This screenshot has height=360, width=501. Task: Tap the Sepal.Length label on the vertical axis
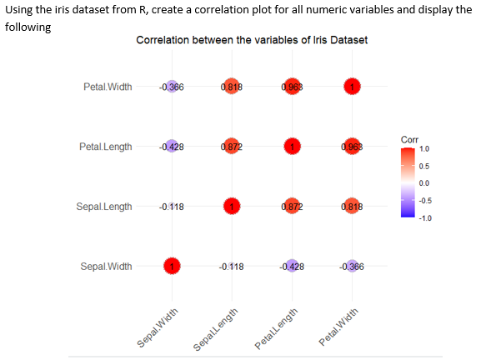pos(104,207)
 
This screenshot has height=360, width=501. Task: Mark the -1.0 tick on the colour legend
pos(424,217)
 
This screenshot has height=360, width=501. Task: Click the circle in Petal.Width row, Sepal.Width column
pos(171,87)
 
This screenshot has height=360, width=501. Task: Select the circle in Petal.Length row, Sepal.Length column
pos(231,147)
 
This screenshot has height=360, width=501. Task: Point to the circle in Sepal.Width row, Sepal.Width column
pos(171,267)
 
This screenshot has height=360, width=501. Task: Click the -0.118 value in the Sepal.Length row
pos(171,207)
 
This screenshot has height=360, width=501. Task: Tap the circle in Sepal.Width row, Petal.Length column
pos(291,267)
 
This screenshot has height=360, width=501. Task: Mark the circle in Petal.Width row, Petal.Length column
pos(291,87)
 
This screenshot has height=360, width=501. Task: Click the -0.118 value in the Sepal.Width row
pos(231,267)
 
